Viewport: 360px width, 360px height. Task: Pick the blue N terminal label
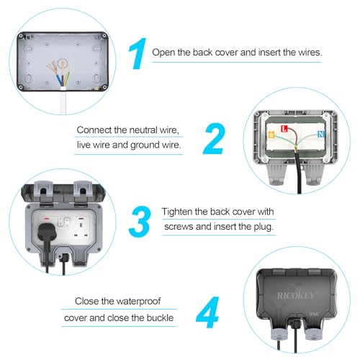[x=319, y=134]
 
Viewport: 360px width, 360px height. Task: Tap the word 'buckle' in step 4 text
[x=160, y=318]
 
